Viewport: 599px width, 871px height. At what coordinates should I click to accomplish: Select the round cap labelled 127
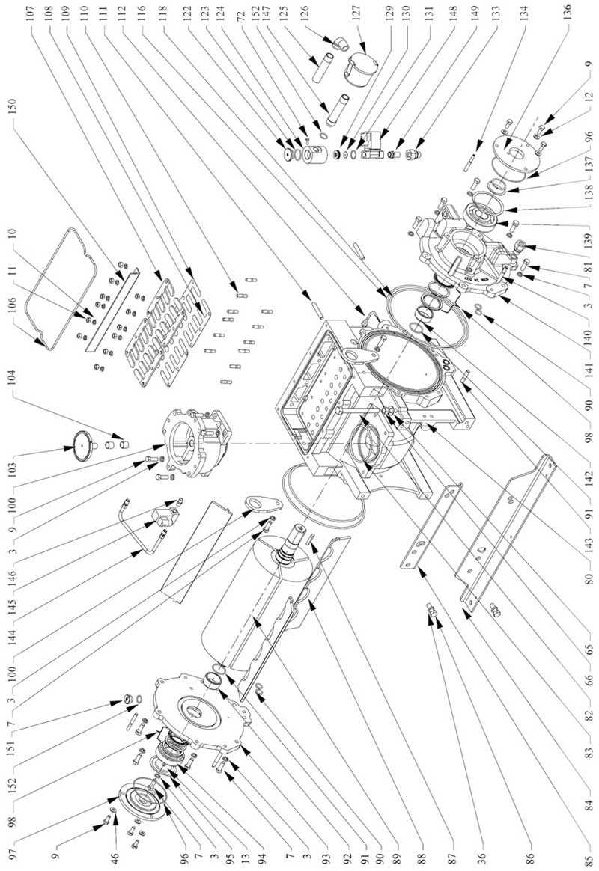(x=359, y=68)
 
